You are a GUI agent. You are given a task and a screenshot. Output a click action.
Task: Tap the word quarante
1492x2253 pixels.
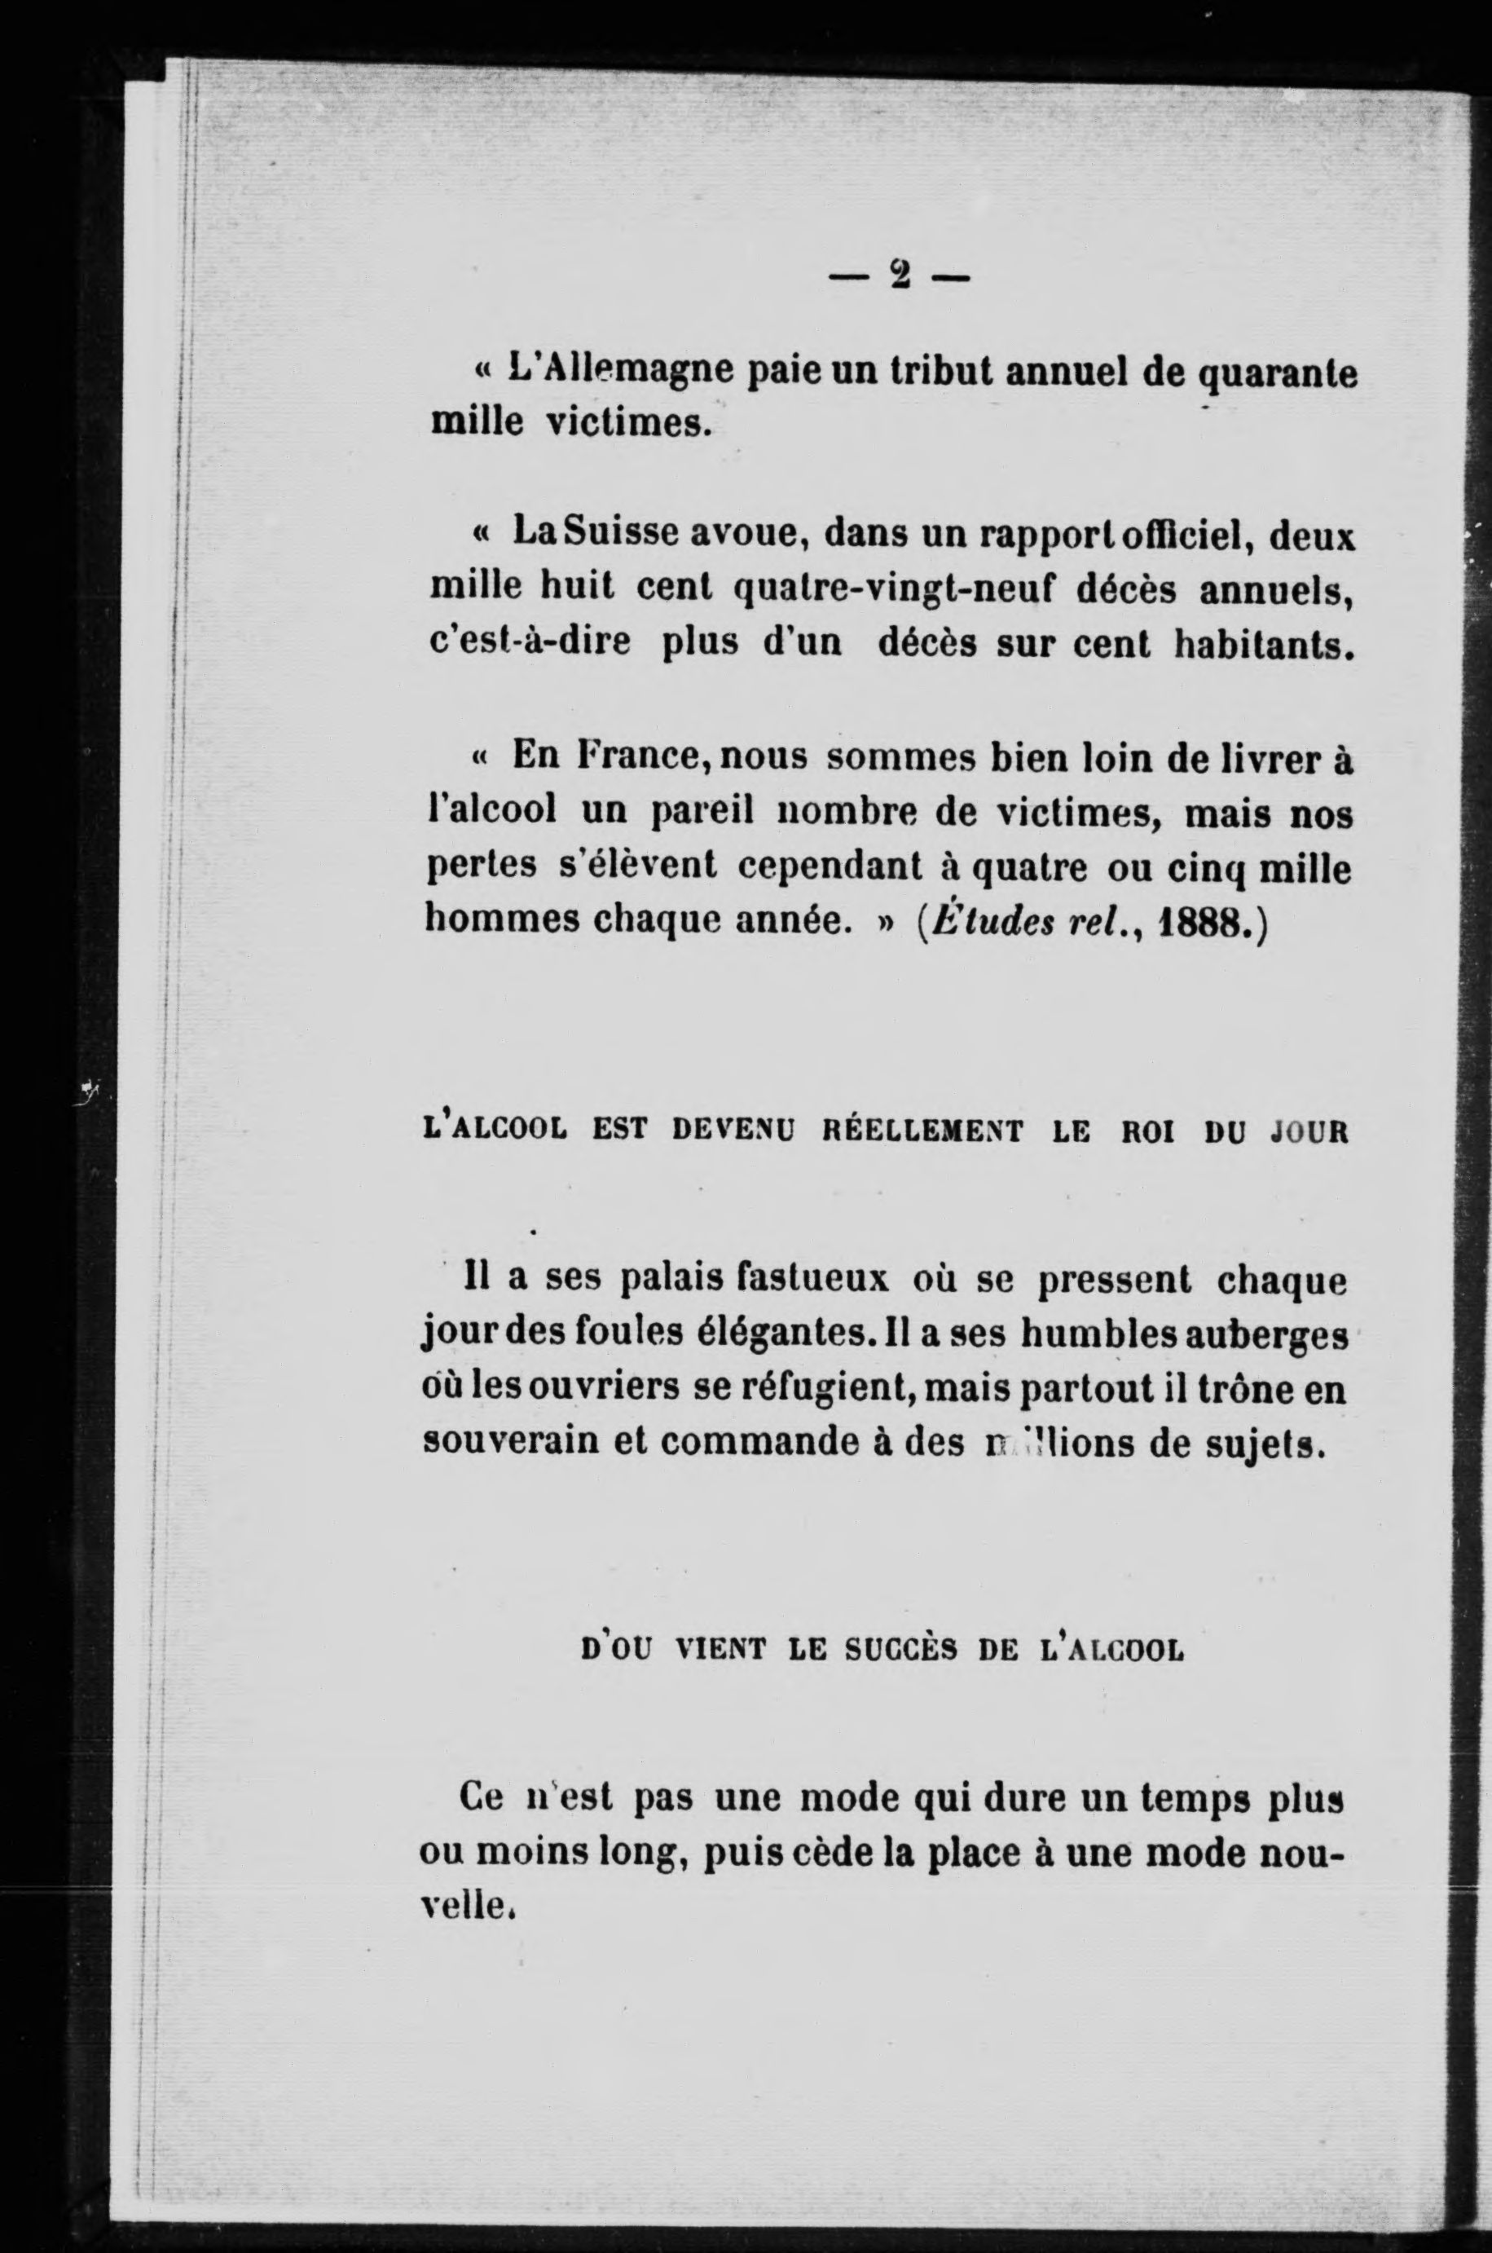coord(1275,374)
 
